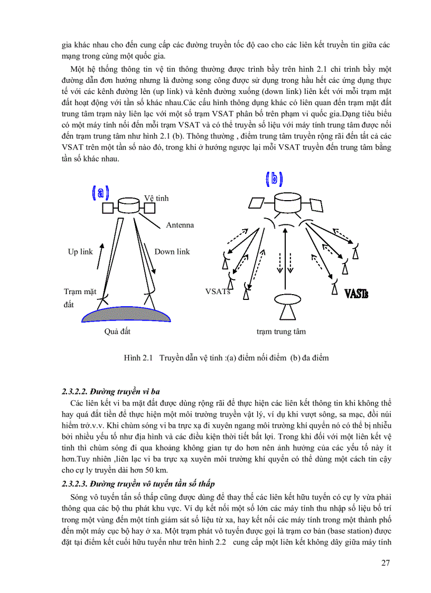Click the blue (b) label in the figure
(274, 179)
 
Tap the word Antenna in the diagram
(180, 225)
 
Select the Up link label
(80, 252)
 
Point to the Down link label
(172, 252)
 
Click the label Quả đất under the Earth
(117, 332)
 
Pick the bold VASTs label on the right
(356, 293)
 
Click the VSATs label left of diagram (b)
(218, 291)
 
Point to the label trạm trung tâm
(281, 332)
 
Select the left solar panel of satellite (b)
(257, 202)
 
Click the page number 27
(385, 562)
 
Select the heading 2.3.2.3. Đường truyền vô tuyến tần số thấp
(138, 484)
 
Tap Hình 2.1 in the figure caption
(138, 358)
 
